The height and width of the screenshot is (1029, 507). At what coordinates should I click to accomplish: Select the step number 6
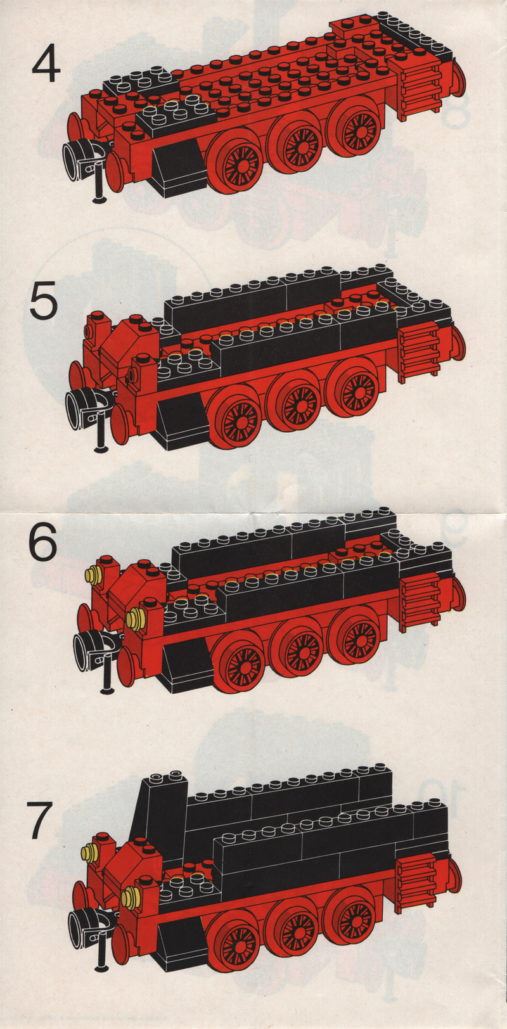click(x=42, y=540)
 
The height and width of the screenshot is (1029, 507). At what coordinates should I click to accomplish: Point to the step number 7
click(x=41, y=819)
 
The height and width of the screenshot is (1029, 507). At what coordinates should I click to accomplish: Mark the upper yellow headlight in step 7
click(x=89, y=853)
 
